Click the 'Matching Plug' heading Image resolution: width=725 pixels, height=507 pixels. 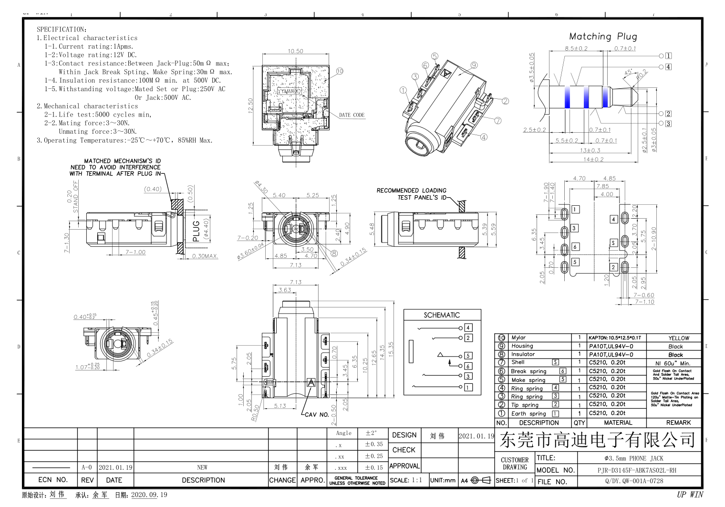[x=603, y=36]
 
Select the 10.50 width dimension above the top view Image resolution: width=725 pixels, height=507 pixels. [x=295, y=51]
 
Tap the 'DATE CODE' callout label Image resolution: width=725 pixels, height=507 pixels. [x=352, y=115]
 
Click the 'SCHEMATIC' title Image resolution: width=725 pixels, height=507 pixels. [x=442, y=315]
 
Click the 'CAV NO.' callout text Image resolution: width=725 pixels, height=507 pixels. [x=315, y=414]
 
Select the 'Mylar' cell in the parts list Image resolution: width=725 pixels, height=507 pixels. [x=518, y=338]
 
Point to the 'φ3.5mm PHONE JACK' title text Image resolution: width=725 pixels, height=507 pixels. [x=633, y=458]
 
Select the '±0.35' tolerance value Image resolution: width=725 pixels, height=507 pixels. [x=373, y=444]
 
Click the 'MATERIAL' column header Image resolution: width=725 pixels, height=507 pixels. [x=618, y=422]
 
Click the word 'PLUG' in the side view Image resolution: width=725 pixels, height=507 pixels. [x=196, y=231]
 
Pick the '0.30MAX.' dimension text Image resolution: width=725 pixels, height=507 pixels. [x=205, y=256]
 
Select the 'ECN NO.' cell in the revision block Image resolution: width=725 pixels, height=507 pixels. [x=52, y=480]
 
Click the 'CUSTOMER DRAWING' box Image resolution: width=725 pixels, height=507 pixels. [x=515, y=464]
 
